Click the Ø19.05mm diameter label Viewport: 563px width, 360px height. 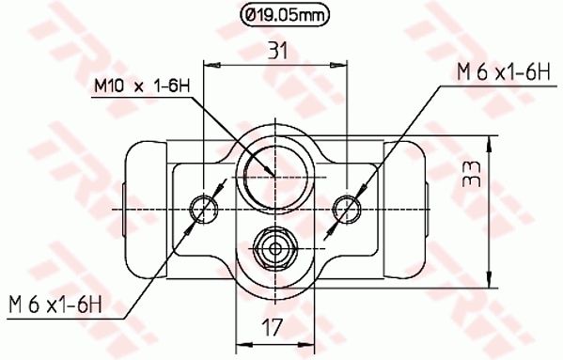[285, 15]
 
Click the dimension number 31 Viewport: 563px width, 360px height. [278, 52]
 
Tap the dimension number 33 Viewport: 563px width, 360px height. [472, 174]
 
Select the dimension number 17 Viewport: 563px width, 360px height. [272, 326]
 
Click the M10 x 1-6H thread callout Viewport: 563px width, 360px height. [142, 86]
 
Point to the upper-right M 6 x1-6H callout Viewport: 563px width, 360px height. [504, 72]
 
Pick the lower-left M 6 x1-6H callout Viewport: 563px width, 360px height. [55, 305]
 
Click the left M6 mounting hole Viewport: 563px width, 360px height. [204, 210]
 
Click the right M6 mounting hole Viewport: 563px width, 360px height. [347, 210]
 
